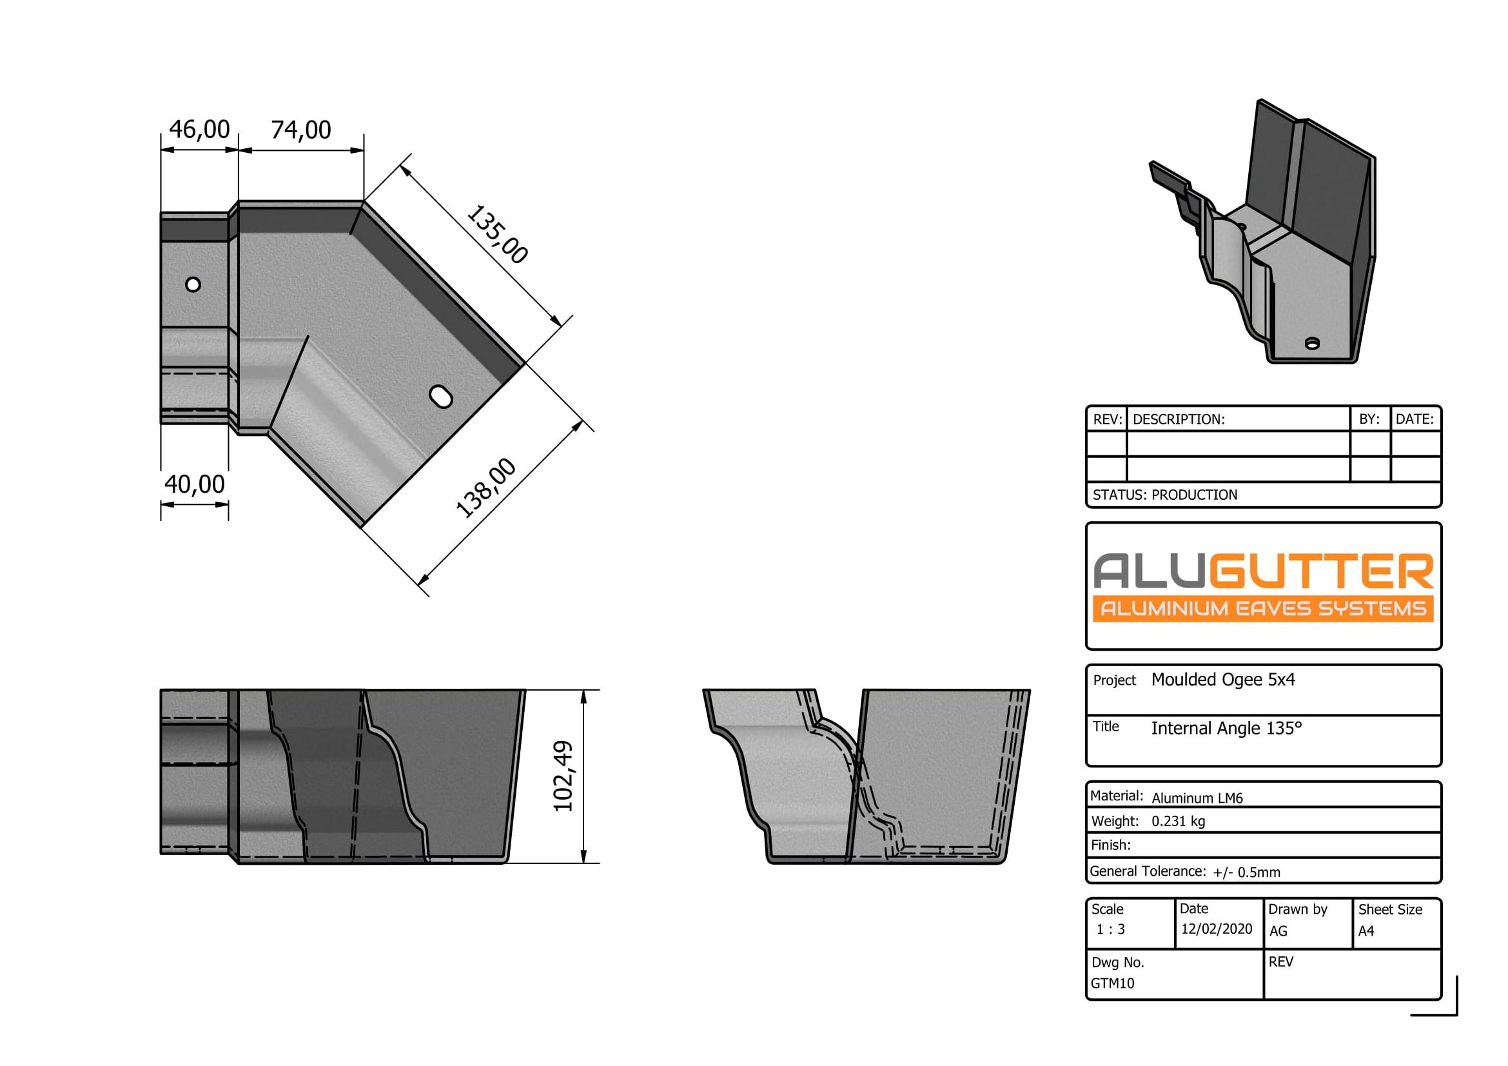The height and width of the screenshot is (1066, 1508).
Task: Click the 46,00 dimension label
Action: tap(199, 130)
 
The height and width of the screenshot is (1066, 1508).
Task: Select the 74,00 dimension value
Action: tap(301, 130)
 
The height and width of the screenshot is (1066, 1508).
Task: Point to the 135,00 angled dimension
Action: tap(497, 235)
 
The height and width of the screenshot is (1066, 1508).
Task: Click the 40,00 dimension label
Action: tap(195, 484)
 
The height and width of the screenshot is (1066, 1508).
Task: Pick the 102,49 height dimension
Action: tap(563, 776)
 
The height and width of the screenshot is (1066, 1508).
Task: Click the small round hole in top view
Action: tap(193, 284)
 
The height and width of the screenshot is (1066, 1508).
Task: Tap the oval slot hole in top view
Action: tap(441, 397)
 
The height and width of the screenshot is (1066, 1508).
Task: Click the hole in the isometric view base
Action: tap(1311, 344)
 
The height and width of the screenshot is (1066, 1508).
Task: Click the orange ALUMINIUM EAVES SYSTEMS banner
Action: tap(1262, 609)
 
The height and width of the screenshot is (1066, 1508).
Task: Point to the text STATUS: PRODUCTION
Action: tap(1164, 495)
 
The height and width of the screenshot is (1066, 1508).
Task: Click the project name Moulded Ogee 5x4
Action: tap(1223, 680)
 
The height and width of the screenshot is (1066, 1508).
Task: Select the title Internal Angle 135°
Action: tap(1226, 728)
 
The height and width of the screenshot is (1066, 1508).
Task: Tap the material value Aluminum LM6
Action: tap(1197, 798)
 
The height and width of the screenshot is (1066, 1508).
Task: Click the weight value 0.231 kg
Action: tap(1178, 821)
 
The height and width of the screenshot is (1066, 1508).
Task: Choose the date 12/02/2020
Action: tap(1217, 929)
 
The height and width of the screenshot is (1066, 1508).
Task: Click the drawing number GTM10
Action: tap(1112, 983)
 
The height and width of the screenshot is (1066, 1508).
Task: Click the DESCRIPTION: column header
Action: tap(1179, 419)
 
